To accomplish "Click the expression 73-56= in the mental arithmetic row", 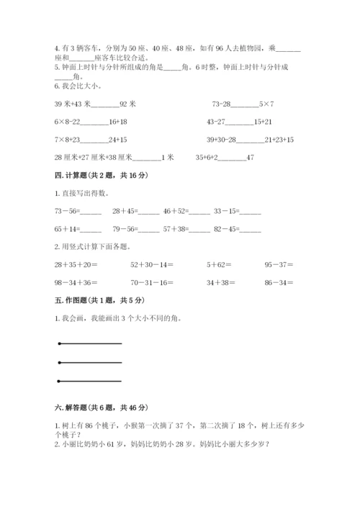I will (x=68, y=212).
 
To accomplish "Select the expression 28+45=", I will (x=125, y=212).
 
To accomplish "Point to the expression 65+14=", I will (x=68, y=230).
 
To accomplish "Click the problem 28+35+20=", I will (x=75, y=264).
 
